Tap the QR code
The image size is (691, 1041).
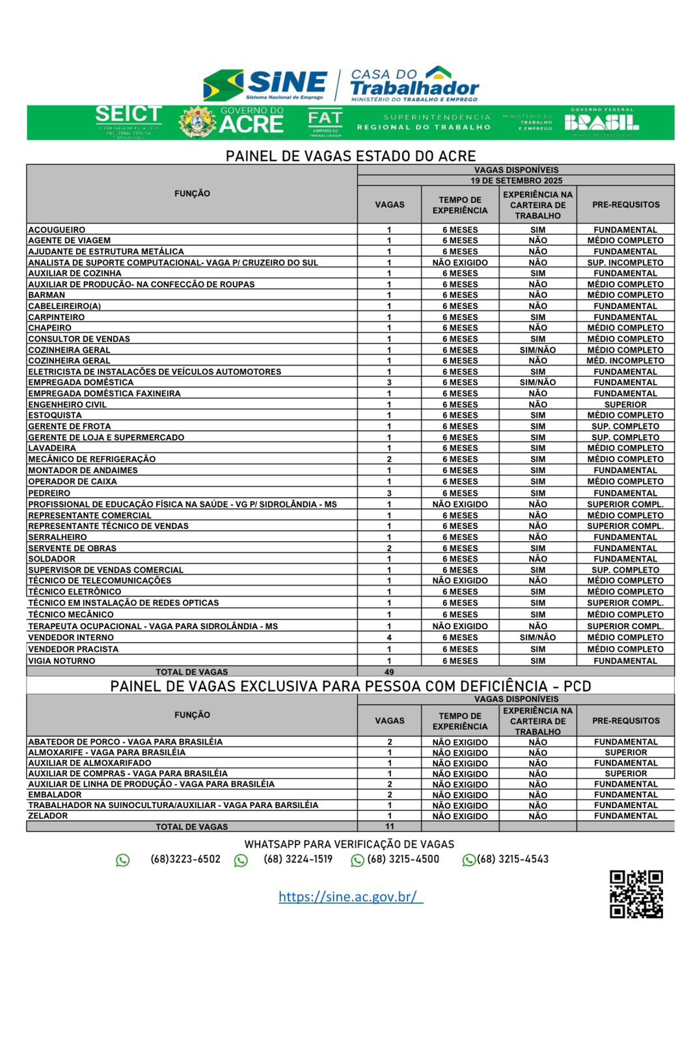636,894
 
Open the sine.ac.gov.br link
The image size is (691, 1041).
350,897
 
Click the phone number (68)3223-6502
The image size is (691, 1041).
185,859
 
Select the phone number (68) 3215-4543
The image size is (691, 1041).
513,859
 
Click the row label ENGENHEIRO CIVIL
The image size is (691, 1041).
67,405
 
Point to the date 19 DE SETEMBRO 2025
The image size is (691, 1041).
516,181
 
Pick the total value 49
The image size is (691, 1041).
389,672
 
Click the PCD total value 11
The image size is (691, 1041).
389,827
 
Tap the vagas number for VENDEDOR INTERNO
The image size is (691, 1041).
389,638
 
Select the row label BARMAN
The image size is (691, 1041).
47,295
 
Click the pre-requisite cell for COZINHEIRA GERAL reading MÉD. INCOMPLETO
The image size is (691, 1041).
625,361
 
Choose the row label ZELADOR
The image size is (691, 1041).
47,816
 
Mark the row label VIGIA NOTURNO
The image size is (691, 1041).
62,661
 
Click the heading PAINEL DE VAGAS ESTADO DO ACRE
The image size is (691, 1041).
351,156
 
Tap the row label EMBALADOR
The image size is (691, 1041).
55,795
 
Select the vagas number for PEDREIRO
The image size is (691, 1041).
389,493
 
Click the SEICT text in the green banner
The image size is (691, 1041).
128,115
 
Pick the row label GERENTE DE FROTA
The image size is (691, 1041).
70,427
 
